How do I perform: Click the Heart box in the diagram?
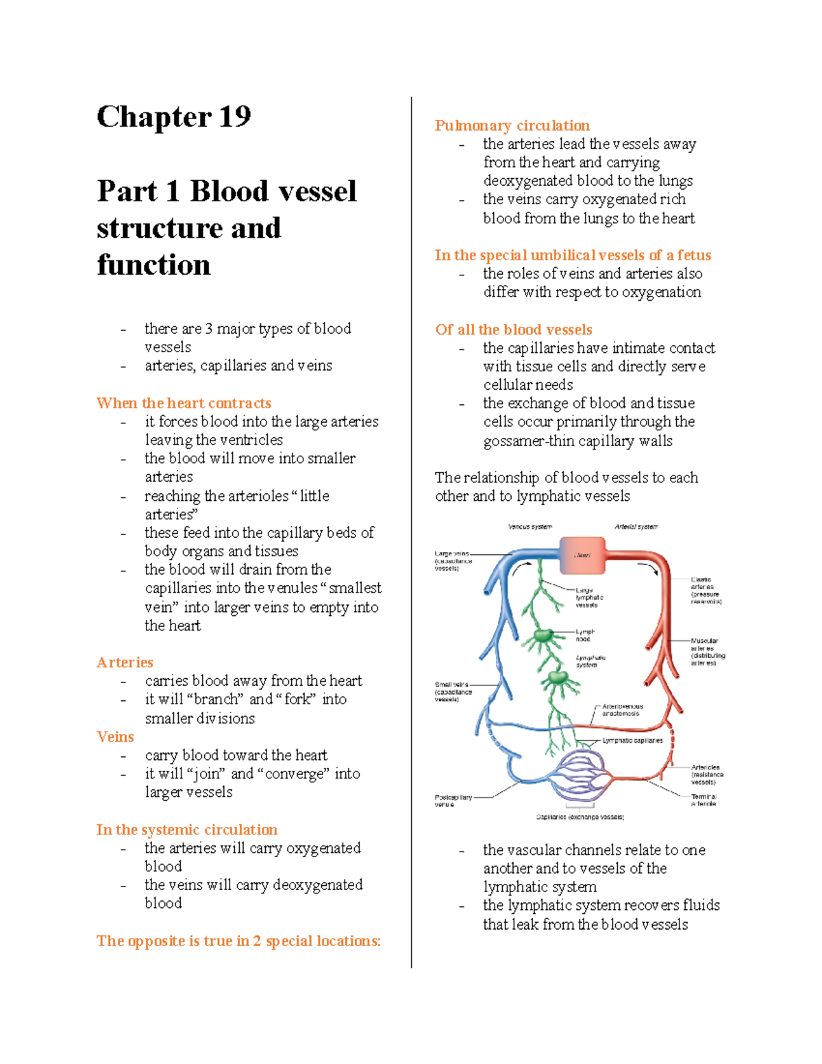click(x=582, y=555)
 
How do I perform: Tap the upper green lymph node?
click(x=543, y=636)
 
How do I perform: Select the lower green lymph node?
click(x=558, y=679)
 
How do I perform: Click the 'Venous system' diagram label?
click(x=530, y=527)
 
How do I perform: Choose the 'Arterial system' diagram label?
click(x=636, y=527)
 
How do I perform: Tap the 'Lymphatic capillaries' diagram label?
click(x=632, y=741)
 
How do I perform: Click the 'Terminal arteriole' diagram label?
click(x=703, y=800)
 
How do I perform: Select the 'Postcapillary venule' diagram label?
click(x=453, y=801)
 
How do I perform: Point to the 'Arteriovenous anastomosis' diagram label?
click(x=622, y=710)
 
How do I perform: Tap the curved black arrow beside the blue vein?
click(x=522, y=568)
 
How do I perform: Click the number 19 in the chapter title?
click(x=235, y=116)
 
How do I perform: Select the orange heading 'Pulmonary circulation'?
click(x=512, y=125)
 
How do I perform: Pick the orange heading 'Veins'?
click(x=115, y=737)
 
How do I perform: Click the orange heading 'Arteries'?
click(x=125, y=662)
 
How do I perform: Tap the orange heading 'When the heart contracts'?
click(x=184, y=403)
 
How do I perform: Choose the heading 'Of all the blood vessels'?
click(x=513, y=330)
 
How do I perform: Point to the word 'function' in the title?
click(x=153, y=264)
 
